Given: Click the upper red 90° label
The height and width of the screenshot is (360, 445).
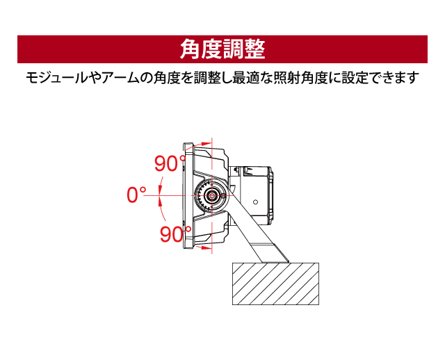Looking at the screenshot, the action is tap(170, 163).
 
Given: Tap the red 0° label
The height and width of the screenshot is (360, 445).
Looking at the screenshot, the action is tap(136, 195).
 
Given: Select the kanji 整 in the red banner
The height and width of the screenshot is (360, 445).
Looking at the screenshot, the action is tap(254, 49).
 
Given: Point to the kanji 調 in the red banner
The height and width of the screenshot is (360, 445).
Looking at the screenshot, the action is tap(234, 49).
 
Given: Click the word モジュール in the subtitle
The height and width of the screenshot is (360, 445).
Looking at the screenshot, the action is tap(56, 77).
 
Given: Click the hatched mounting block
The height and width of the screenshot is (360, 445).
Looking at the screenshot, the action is tap(275, 284).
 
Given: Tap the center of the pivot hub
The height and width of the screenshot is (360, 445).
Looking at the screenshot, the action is tap(211, 195).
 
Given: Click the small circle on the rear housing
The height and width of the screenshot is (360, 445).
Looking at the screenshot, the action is tap(255, 202).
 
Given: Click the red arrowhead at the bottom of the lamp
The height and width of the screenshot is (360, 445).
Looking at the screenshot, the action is tap(204, 248).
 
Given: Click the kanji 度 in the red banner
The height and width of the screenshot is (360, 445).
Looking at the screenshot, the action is tap(212, 49).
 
